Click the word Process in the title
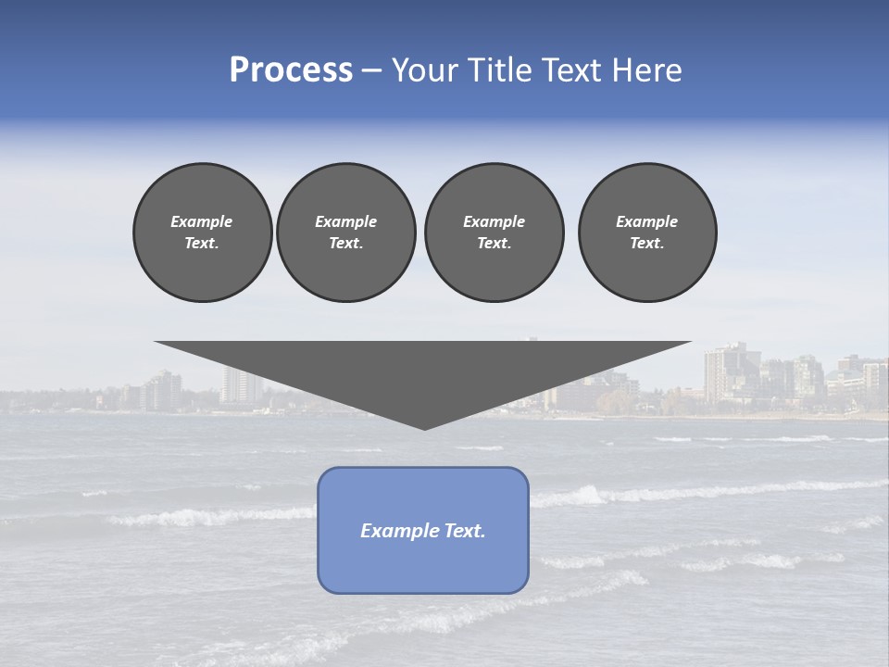[291, 70]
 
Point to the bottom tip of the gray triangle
[424, 428]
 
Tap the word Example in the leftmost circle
[202, 221]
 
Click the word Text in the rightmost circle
[646, 243]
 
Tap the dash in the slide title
[371, 70]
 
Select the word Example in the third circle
[494, 221]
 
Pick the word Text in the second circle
[345, 243]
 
